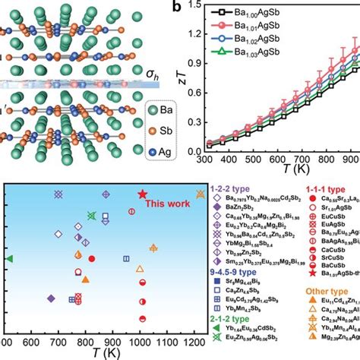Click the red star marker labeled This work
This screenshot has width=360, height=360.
tap(142, 194)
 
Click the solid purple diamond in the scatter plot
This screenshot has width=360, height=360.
tap(50, 298)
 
